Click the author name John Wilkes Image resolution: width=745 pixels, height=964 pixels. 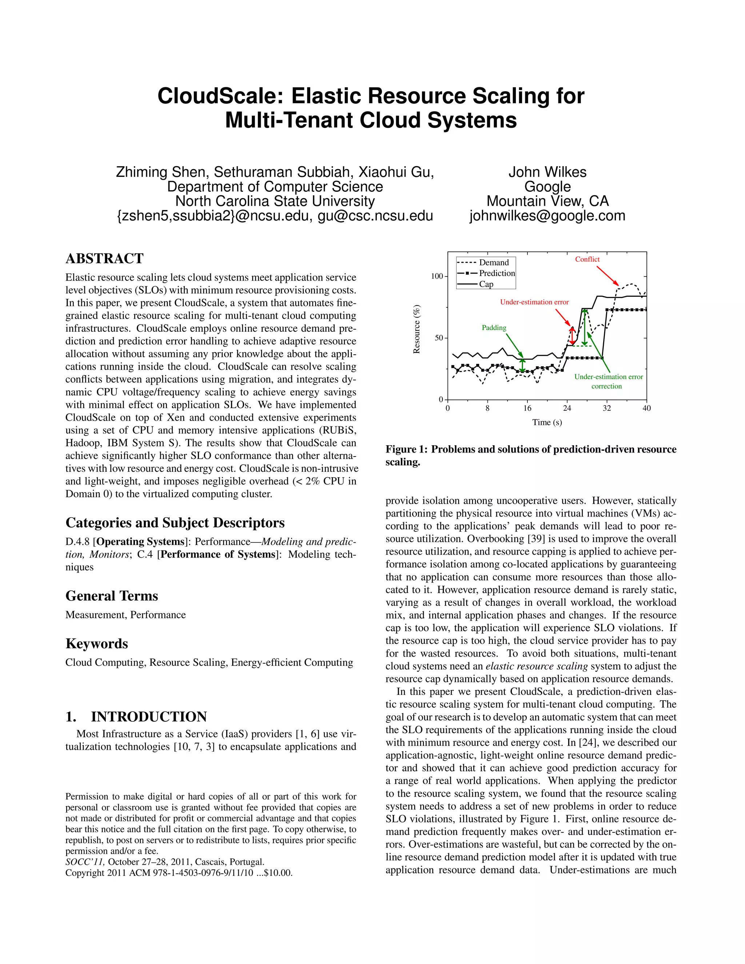click(547, 172)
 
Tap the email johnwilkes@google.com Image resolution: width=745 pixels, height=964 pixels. click(547, 215)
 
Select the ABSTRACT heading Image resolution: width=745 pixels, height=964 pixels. click(105, 259)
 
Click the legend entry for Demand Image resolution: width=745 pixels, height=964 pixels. click(493, 262)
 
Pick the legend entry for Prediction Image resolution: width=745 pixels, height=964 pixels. click(497, 273)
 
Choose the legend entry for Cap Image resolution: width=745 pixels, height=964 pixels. click(486, 284)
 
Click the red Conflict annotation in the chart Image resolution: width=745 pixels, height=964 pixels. click(587, 259)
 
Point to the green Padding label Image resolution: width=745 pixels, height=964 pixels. click(494, 327)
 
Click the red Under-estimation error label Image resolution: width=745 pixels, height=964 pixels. click(534, 302)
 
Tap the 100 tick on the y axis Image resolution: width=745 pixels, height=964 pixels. click(437, 276)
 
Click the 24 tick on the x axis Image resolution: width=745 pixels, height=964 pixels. click(567, 408)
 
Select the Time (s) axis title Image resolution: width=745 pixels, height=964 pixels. click(547, 422)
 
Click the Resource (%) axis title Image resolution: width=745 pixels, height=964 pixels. click(416, 329)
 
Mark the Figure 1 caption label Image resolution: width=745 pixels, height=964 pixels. click(406, 449)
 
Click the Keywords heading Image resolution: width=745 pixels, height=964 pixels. click(97, 644)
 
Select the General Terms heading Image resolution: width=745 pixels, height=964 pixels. click(112, 596)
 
